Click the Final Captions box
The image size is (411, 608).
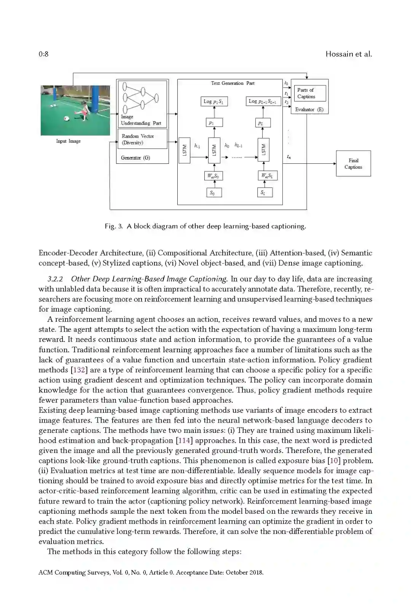(353, 164)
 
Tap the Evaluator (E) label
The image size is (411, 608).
(309, 109)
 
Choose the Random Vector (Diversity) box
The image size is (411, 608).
(142, 139)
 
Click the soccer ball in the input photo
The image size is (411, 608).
(67, 118)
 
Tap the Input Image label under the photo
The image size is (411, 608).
(68, 141)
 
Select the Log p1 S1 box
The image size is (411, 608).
(213, 101)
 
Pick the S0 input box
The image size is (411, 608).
(213, 193)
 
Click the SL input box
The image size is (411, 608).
(263, 193)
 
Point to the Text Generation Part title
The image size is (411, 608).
(233, 83)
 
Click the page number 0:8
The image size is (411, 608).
(43, 54)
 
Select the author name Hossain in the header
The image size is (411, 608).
(339, 54)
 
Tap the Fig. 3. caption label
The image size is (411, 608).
(114, 226)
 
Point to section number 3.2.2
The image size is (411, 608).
(56, 279)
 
